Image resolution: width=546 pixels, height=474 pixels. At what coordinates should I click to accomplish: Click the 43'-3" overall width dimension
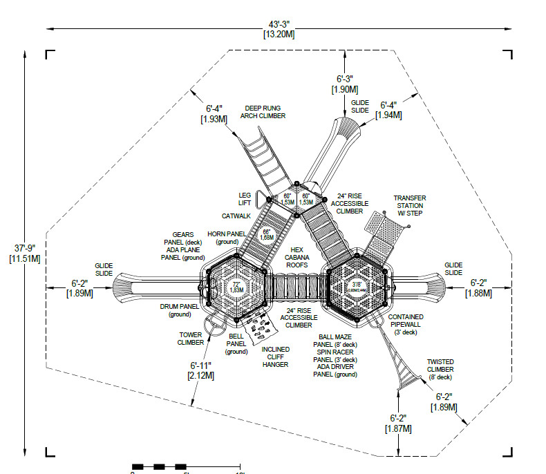coord(279,25)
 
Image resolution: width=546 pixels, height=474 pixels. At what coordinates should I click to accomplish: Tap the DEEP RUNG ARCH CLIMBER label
coord(263,112)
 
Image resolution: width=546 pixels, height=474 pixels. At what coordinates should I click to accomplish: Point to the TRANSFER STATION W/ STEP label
coord(409,205)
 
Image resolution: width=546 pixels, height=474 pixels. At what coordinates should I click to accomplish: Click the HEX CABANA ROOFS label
coord(297,257)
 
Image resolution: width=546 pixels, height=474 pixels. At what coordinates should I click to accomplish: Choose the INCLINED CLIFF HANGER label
coord(275,357)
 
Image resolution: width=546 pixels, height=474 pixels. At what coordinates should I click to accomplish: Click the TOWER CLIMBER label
coord(190,339)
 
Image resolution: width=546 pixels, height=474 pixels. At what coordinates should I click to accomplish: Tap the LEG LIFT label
coord(245,200)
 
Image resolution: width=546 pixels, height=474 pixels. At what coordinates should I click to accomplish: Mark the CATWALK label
coord(235,216)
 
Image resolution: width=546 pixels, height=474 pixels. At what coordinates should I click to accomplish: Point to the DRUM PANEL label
coord(179,310)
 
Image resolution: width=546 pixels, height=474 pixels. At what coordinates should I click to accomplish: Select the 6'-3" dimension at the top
coord(344,79)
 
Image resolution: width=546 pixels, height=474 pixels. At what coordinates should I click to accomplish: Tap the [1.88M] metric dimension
coord(478,293)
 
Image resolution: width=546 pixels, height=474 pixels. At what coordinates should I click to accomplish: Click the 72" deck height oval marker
coord(236,287)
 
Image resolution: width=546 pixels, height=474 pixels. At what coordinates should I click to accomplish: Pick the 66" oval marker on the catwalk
coord(267,235)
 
